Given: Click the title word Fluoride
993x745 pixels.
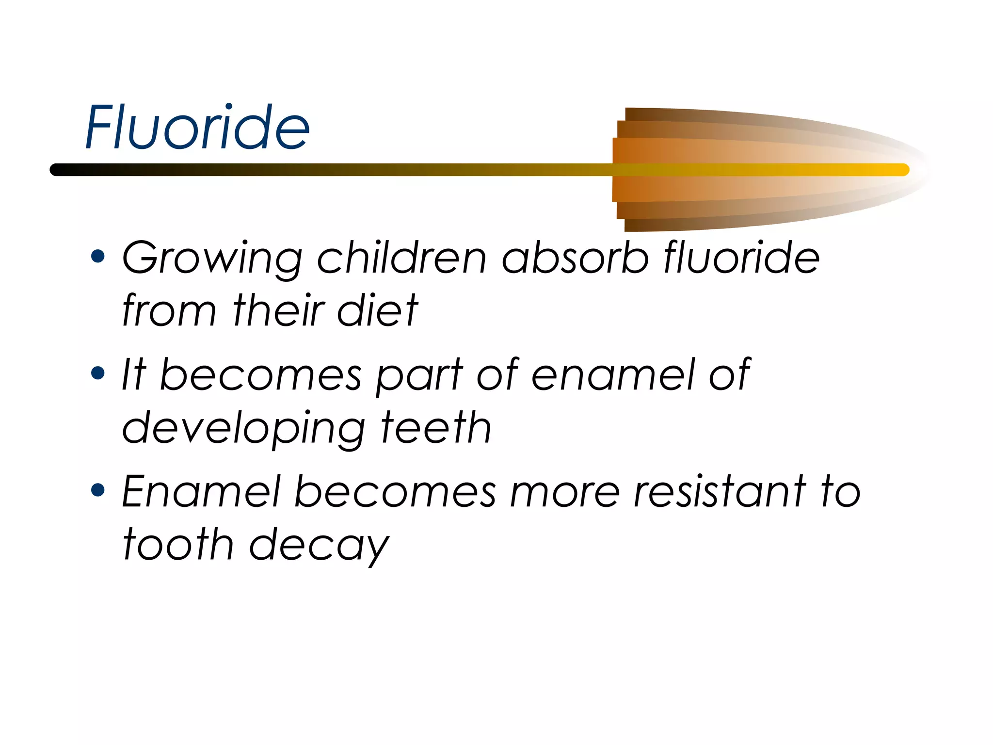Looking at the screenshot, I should pos(197,127).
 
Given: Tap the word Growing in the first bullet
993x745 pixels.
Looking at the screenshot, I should pos(212,258).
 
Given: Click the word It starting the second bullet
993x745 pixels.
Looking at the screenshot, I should pos(134,374).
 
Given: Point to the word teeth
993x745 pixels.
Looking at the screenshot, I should pos(436,427).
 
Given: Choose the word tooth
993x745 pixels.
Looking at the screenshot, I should pos(178,545).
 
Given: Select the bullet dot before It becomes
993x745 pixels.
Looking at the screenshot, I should pos(98,373).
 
